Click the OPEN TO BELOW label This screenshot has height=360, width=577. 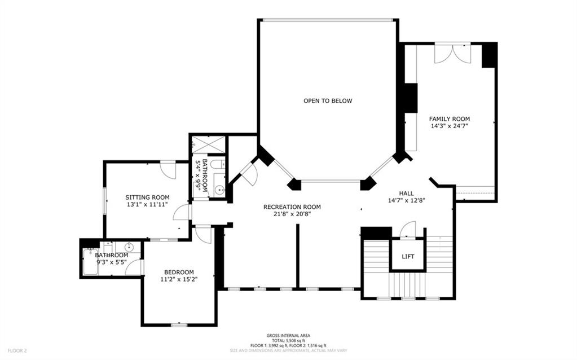(328, 101)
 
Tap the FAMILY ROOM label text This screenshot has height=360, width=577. (450, 119)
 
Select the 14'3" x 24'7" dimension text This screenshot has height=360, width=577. (450, 126)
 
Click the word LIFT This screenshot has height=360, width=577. (408, 257)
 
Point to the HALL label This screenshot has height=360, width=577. (406, 193)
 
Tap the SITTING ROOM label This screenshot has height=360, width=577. (147, 197)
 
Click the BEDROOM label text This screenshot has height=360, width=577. (179, 271)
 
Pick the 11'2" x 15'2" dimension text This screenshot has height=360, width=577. (179, 279)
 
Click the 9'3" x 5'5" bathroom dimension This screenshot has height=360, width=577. (112, 262)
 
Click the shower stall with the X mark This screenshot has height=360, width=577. (209, 144)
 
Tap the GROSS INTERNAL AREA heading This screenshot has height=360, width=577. (288, 335)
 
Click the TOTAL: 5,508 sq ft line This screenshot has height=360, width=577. (288, 340)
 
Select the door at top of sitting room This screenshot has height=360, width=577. (168, 169)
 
